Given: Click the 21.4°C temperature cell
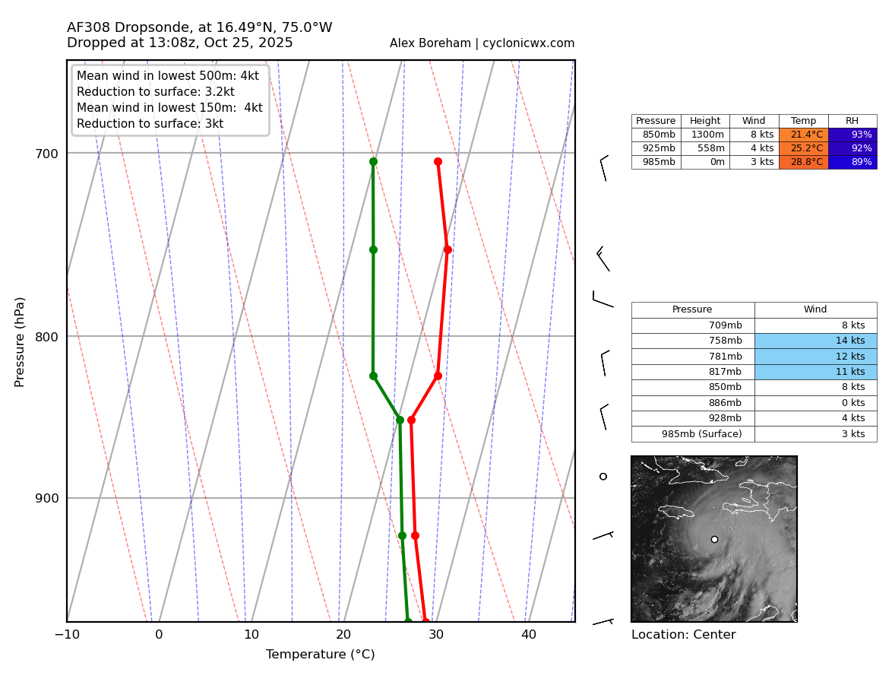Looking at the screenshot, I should coord(803,135).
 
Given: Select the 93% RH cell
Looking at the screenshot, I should coord(852,135).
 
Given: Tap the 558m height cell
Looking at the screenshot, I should coord(705,148).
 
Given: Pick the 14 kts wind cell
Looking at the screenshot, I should coord(815,341).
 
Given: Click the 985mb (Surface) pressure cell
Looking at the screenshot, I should coord(693,434).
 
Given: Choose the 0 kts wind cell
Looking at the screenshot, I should coord(815,403).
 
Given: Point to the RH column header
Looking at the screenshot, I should coord(852,121).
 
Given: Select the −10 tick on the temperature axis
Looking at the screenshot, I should coord(67,635).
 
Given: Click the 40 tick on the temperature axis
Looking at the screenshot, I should coord(529,635).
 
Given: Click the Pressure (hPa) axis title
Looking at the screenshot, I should coord(21,341).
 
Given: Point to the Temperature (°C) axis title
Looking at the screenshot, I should coord(321,655).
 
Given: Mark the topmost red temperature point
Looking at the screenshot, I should coord(438,161).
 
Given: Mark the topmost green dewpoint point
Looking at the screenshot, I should coord(373,161).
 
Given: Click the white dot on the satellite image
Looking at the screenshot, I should coord(714,539).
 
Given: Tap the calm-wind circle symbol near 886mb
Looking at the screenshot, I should coord(603,477).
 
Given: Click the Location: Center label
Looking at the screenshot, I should coord(683,635).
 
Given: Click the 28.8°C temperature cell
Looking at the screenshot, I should coord(803,162).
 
